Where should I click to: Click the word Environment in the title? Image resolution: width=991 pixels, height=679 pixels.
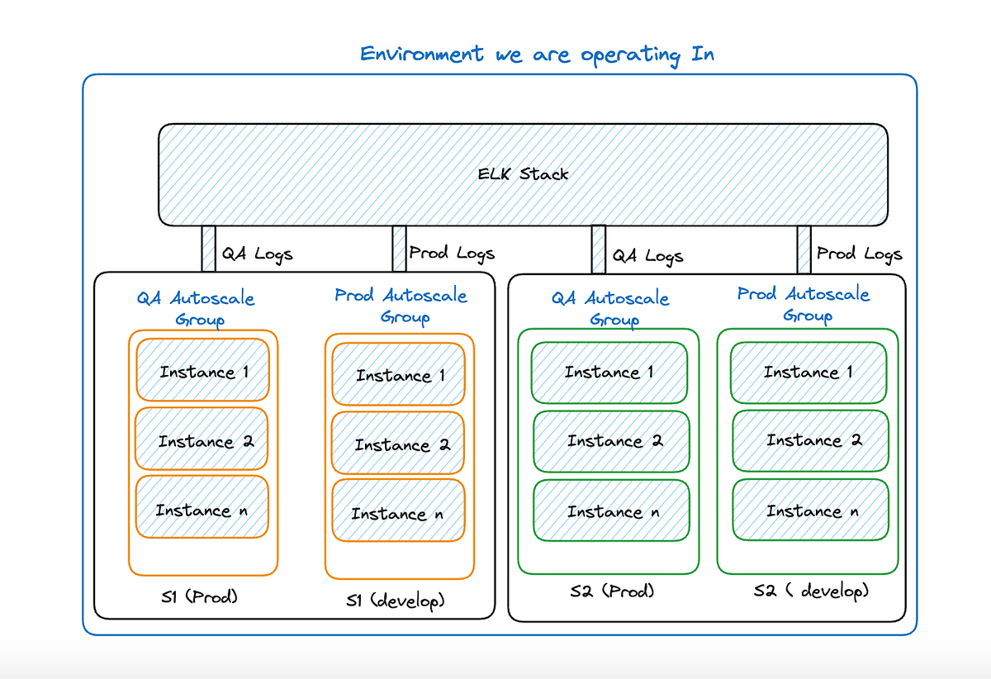pyautogui.click(x=422, y=55)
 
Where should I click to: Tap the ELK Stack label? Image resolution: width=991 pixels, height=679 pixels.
pyautogui.click(x=523, y=174)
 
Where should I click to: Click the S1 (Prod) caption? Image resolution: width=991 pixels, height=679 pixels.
pyautogui.click(x=199, y=597)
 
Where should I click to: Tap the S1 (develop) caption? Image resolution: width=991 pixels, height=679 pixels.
pyautogui.click(x=395, y=601)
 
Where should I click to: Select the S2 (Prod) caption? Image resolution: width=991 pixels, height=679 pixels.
pyautogui.click(x=612, y=591)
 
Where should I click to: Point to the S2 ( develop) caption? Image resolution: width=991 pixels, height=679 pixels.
pyautogui.click(x=811, y=591)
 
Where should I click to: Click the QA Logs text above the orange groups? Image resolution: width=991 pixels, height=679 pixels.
pyautogui.click(x=257, y=254)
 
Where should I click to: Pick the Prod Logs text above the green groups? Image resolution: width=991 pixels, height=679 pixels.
pyautogui.click(x=859, y=254)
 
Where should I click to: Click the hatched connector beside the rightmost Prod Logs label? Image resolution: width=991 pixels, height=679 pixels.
pyautogui.click(x=804, y=249)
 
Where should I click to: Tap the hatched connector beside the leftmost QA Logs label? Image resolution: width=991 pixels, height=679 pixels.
pyautogui.click(x=208, y=249)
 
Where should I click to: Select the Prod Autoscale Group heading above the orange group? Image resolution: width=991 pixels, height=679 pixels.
pyautogui.click(x=401, y=306)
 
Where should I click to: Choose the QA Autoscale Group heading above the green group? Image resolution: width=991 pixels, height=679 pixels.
pyautogui.click(x=610, y=308)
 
